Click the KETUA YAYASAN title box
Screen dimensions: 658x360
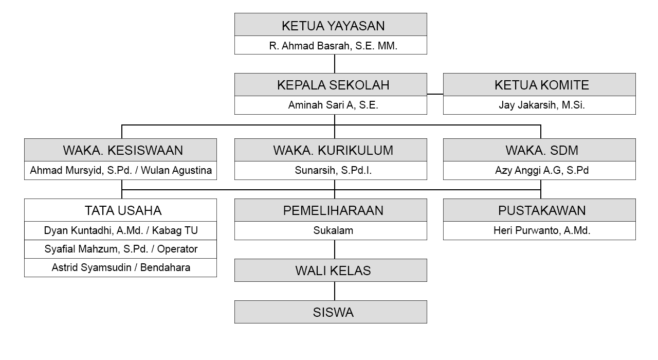pos(331,24)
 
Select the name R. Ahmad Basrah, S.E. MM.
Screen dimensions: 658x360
pos(333,46)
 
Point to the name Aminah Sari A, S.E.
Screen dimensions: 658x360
pos(333,105)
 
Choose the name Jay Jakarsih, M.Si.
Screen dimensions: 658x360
pos(542,105)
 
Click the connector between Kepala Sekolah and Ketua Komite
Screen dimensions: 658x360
pos(435,94)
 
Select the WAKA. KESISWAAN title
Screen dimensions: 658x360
pos(123,151)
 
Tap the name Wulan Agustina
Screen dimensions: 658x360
pos(176,170)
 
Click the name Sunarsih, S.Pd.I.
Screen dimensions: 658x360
pos(333,170)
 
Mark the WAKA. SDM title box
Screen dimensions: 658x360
pos(539,150)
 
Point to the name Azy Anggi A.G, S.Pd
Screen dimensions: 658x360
pos(542,170)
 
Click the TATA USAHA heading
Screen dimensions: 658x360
pos(123,210)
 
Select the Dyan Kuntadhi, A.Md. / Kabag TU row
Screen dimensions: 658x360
pos(120,231)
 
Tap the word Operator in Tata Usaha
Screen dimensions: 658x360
pos(177,249)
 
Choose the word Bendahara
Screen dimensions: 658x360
pos(165,267)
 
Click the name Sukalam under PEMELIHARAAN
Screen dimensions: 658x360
pos(333,230)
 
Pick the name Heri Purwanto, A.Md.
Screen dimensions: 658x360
pos(542,230)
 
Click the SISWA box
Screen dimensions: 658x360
pos(331,312)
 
